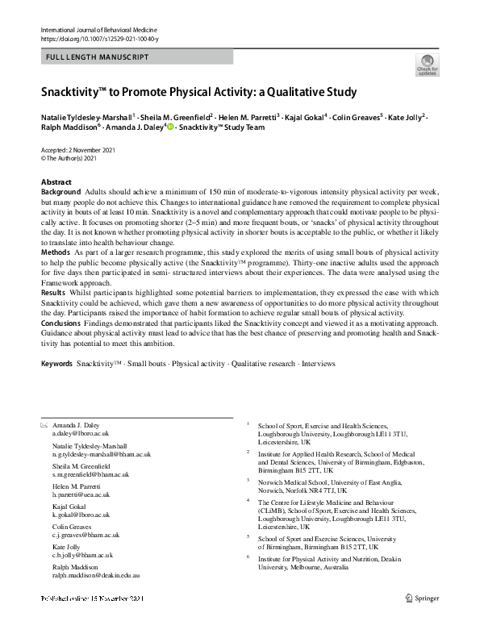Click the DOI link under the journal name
point(99,39)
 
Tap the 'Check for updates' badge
point(426,65)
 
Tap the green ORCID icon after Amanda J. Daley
point(170,127)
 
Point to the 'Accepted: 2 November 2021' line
point(82,152)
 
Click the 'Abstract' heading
point(56,182)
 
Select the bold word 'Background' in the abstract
point(61,192)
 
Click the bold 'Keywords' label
point(56,365)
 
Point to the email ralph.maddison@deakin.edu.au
point(96,576)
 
